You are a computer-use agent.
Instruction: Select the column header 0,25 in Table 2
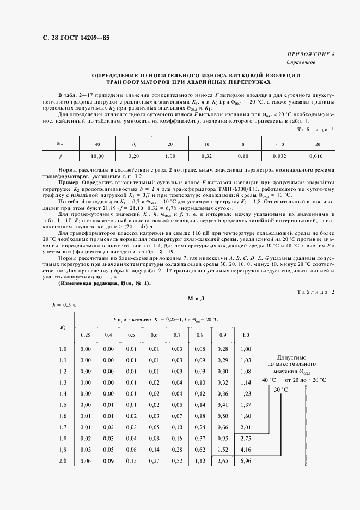pyautogui.click(x=85, y=335)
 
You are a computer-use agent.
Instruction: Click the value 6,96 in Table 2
pyautogui.click(x=245, y=461)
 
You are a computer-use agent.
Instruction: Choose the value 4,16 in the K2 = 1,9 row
pyautogui.click(x=245, y=450)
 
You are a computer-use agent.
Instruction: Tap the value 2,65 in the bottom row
pyautogui.click(x=222, y=461)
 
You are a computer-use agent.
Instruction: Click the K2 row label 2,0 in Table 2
pyautogui.click(x=62, y=461)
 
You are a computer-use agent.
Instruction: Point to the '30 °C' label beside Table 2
pyautogui.click(x=281, y=390)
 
